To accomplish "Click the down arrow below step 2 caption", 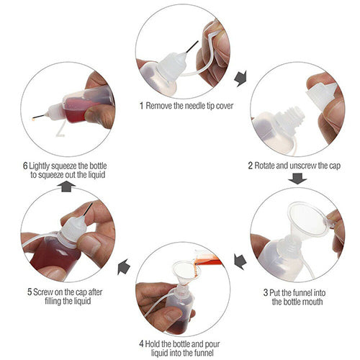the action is pos(297,179).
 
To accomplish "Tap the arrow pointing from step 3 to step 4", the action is pos(240,262).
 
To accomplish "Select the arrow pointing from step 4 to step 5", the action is pos(124,266).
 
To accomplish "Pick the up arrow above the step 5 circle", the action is pos(66,186).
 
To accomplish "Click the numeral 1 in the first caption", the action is pos(142,106).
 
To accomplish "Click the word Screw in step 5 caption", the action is pos(43,292).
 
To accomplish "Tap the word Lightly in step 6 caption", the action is pos(40,166).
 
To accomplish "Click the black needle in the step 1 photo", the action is pos(192,46).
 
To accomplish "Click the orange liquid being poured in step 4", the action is pos(208,260).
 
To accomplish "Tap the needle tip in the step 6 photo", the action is pos(33,118).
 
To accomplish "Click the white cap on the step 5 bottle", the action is pos(71,230).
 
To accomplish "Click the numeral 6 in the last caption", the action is pos(25,166).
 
